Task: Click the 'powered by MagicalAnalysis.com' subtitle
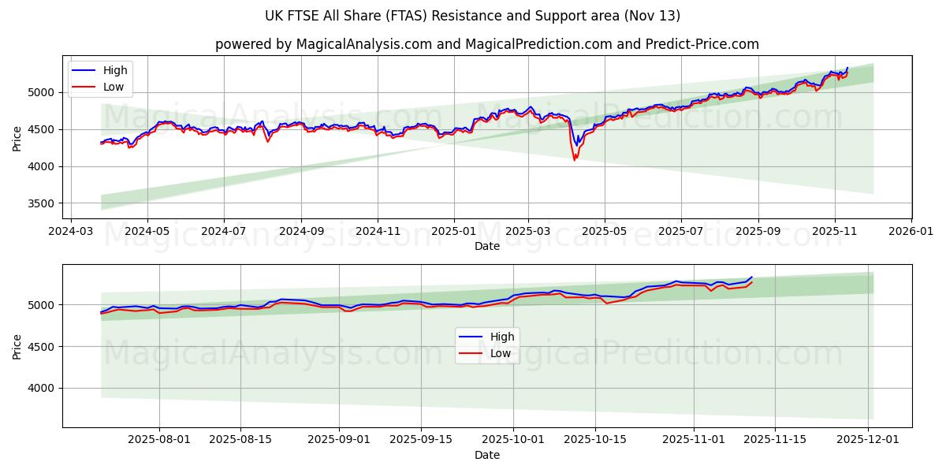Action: (x=486, y=44)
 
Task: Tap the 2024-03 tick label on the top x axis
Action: (x=72, y=232)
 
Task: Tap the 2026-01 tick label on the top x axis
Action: (x=911, y=232)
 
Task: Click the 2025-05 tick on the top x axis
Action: (x=605, y=232)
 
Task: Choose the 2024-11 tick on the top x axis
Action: (x=377, y=232)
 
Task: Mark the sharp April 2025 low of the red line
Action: (x=574, y=160)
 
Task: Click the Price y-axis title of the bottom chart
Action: (x=17, y=346)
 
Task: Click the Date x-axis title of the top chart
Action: (x=486, y=246)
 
